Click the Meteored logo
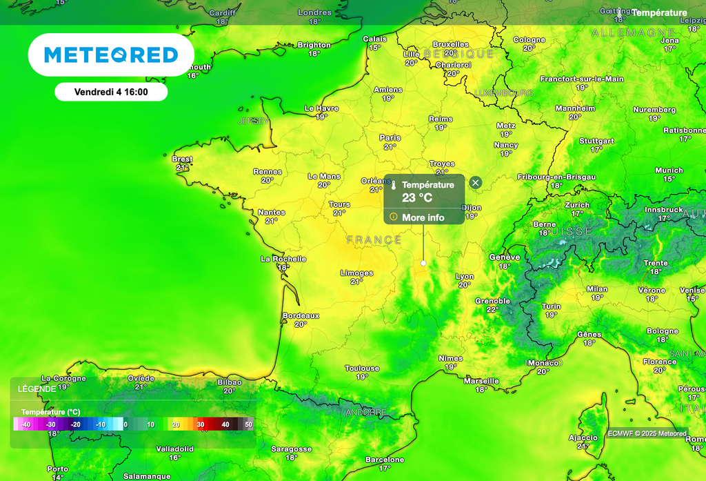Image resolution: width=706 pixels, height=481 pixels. [x=111, y=55]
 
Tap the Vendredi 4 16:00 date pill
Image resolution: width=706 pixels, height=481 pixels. [x=111, y=92]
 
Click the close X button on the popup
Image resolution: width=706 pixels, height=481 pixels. [x=476, y=182]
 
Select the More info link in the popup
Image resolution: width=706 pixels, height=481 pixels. [x=423, y=217]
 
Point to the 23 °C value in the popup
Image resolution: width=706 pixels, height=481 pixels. [x=417, y=198]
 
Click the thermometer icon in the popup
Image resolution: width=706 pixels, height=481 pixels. [x=393, y=186]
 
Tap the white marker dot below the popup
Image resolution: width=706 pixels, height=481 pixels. [x=423, y=263]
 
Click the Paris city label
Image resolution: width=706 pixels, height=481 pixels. [x=390, y=138]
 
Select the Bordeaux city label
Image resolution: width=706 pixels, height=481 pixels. [x=301, y=315]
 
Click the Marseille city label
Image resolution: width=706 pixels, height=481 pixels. [x=482, y=381]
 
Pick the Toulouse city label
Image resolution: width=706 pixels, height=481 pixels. [x=362, y=369]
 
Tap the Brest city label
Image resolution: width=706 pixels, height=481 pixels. [x=182, y=159]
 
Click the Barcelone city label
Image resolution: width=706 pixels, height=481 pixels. [x=385, y=460]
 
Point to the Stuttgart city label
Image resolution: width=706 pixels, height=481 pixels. [x=596, y=141]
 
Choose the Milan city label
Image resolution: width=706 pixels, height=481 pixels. [x=597, y=289]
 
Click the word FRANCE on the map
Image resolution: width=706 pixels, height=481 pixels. [x=374, y=240]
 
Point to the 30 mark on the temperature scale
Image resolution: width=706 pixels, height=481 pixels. [x=201, y=424]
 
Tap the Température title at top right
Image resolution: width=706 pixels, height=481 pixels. [x=659, y=13]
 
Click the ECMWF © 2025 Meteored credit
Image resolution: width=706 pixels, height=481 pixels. [x=647, y=433]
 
